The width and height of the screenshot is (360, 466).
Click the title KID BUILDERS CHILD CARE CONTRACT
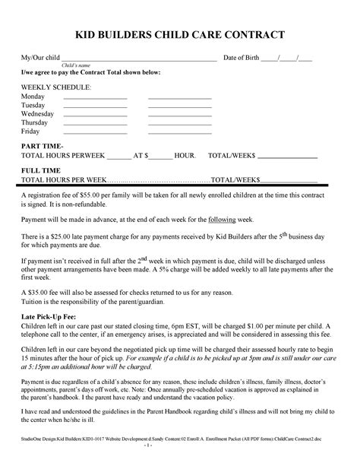pos(179,35)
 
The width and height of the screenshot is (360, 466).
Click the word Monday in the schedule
pos(33,97)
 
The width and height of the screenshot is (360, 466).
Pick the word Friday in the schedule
pos(31,131)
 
